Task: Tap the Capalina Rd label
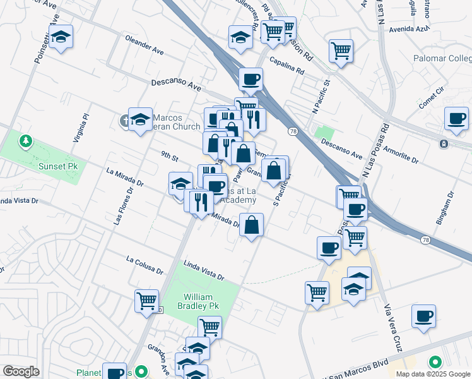[x=286, y=65]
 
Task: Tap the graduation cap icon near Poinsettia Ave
[x=61, y=37]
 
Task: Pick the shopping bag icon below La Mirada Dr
[x=251, y=225]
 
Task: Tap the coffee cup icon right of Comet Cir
[x=456, y=118]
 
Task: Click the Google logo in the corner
[x=20, y=371]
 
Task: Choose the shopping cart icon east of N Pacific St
[x=341, y=51]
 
